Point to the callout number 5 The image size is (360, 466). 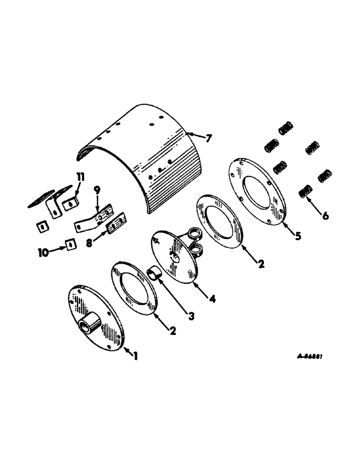pos(297,236)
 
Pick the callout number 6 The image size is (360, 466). pos(325,216)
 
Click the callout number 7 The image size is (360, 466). pos(208,138)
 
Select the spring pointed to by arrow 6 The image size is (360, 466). pos(305,191)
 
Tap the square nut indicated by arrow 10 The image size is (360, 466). pos(69,244)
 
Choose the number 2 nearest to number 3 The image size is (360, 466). pos(173,331)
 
